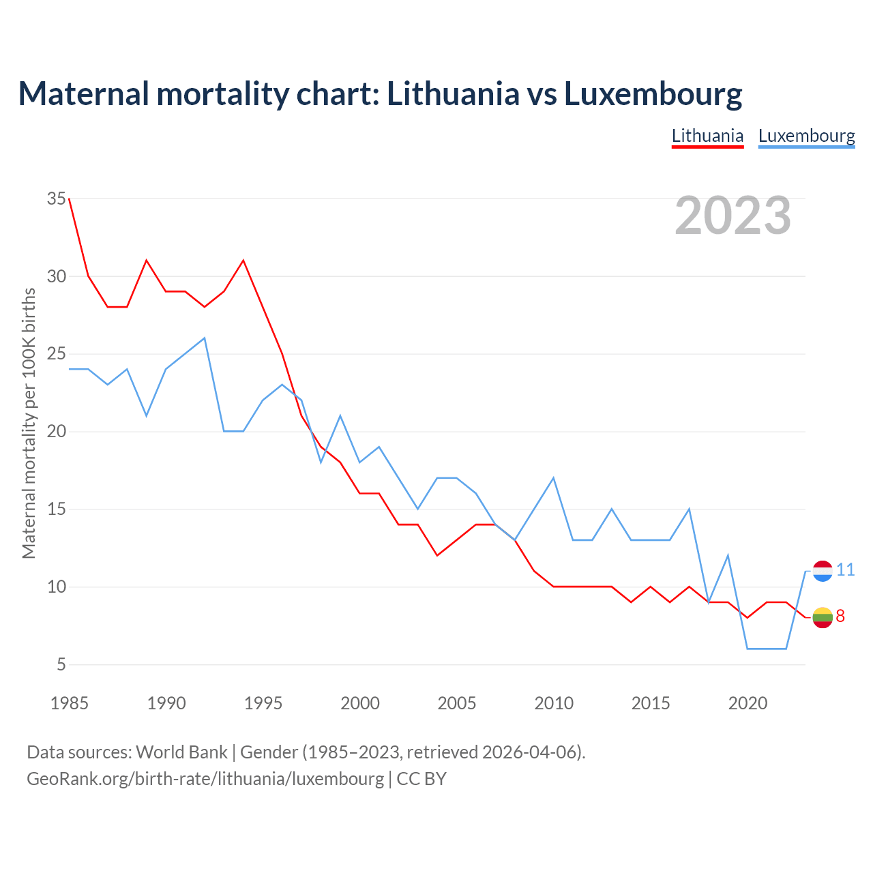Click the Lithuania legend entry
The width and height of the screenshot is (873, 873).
point(707,136)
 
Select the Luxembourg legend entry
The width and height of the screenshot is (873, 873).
point(806,136)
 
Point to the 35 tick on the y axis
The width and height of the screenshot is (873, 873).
point(57,199)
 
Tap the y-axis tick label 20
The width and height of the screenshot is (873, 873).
point(57,432)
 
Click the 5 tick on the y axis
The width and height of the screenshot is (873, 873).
point(61,664)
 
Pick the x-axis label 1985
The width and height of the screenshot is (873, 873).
point(70,703)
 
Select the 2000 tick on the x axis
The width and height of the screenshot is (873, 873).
point(360,703)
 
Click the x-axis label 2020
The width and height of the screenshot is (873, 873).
point(748,703)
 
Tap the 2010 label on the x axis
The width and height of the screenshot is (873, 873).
point(554,703)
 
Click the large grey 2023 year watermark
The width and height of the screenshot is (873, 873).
point(733,216)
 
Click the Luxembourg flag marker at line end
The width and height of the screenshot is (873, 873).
point(823,571)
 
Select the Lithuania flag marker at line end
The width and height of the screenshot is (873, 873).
point(823,617)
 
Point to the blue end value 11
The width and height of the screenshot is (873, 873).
point(846,570)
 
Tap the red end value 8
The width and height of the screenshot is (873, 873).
point(840,617)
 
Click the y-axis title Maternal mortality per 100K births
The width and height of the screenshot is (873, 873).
point(29,423)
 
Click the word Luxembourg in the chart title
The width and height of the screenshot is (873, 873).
point(653,94)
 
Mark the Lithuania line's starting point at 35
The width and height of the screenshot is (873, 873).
point(70,199)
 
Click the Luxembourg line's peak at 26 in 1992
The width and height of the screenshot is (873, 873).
point(205,338)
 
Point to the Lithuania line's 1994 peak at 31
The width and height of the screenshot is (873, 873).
point(243,261)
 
